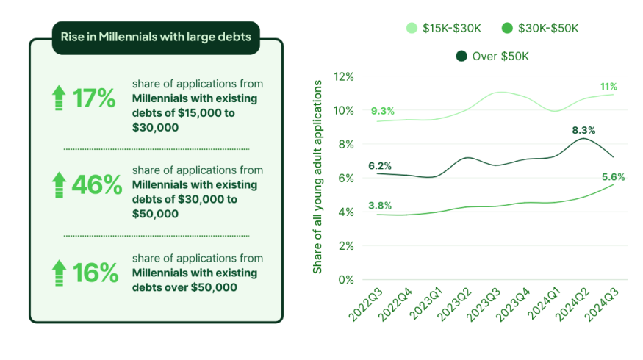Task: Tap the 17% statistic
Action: click(x=94, y=98)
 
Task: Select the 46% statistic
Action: click(x=96, y=185)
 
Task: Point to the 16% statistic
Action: click(x=96, y=273)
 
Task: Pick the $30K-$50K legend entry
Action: click(x=539, y=28)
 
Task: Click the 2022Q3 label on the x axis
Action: click(x=364, y=303)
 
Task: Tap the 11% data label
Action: click(x=608, y=87)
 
